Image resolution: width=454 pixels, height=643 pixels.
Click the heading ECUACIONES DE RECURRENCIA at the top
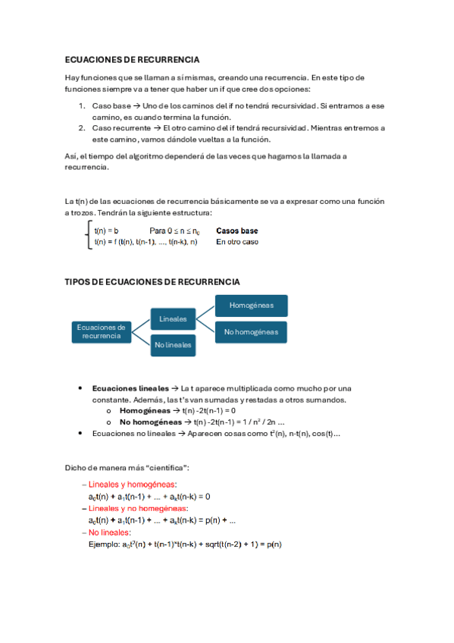[x=133, y=59]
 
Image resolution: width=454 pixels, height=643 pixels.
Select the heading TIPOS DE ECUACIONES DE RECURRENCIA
[x=152, y=282]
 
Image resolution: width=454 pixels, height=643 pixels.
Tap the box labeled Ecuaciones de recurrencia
[x=101, y=331]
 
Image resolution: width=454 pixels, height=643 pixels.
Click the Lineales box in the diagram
[x=174, y=318]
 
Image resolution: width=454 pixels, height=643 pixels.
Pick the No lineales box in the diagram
[x=174, y=344]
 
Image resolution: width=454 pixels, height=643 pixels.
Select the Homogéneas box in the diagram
[x=251, y=306]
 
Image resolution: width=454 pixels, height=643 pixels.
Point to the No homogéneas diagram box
[x=251, y=331]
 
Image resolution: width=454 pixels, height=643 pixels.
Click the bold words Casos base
[x=236, y=231]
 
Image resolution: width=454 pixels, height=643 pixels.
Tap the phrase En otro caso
[x=236, y=242]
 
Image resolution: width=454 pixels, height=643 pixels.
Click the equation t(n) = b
[x=106, y=231]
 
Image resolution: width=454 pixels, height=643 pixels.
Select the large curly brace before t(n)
[x=89, y=236]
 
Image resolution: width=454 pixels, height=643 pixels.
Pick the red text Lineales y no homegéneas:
[x=138, y=508]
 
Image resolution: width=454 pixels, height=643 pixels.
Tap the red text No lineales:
[x=110, y=532]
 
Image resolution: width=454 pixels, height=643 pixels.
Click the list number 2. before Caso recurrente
[x=83, y=128]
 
